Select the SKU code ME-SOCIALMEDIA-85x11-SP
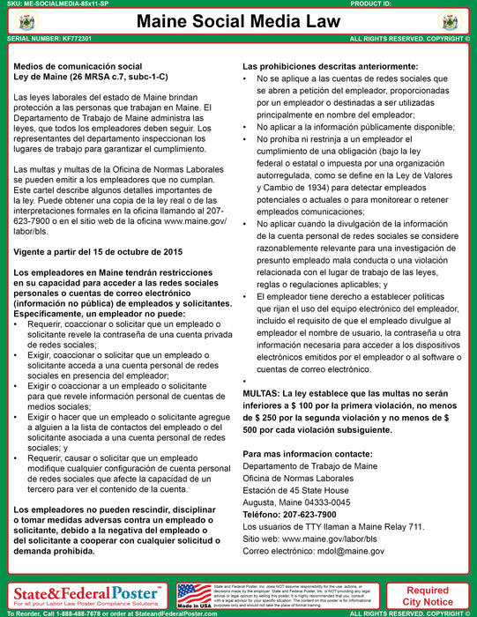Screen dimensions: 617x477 [x=78, y=4]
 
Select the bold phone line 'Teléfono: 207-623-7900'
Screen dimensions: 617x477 [x=289, y=514]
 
